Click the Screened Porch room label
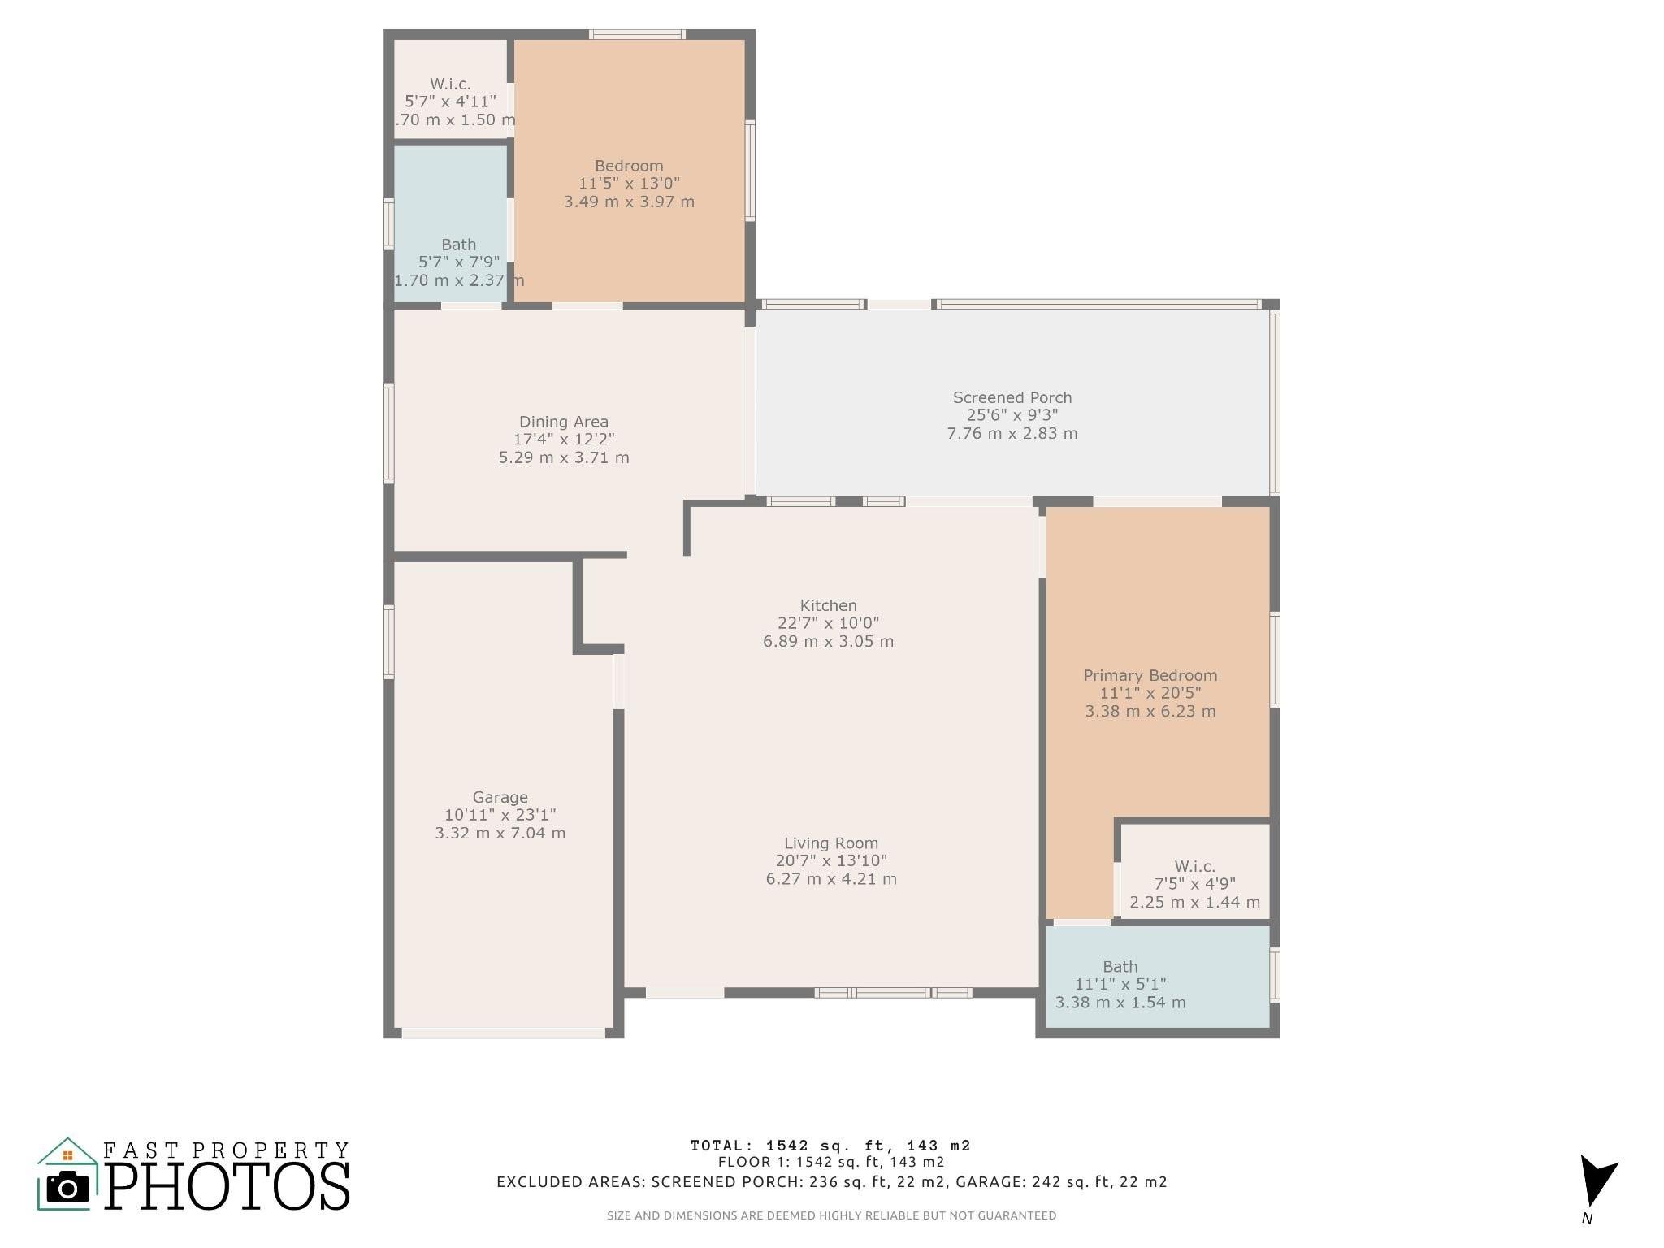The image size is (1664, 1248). pos(1012,397)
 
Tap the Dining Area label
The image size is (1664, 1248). pos(564,422)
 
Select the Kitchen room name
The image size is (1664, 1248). pos(828,605)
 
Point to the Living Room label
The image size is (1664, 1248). pos(831,843)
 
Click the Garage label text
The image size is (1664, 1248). pos(500,798)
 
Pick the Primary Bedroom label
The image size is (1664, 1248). pos(1150,675)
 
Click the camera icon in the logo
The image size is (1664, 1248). pos(67,1187)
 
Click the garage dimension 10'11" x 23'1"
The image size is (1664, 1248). pos(500,815)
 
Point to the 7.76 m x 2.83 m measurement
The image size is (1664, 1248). pos(1012,433)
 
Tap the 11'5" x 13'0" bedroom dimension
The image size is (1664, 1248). pos(630,184)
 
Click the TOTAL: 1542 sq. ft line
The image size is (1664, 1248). pos(830,1146)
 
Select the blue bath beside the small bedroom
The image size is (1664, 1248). pos(451,223)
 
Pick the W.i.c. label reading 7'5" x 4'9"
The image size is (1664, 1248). pos(1195,884)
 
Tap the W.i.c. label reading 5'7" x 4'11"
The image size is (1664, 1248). pos(451,102)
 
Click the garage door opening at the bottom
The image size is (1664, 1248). pos(504,1033)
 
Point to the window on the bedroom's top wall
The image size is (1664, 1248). pos(637,34)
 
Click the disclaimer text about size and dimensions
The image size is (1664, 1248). pos(831,1215)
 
